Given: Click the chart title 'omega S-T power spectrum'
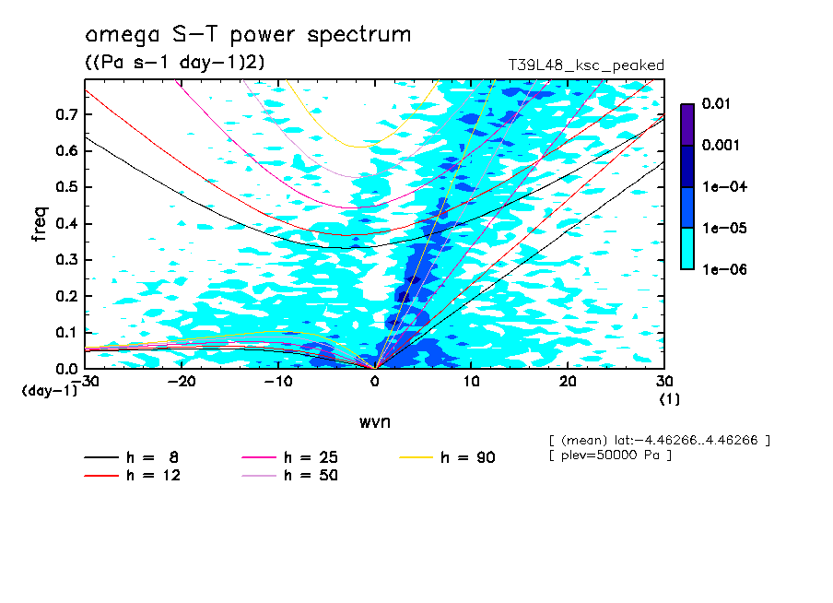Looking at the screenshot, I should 247,35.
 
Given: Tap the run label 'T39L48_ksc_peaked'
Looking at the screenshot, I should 586,65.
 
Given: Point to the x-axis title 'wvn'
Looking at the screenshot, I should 374,422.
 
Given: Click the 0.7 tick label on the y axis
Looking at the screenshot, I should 65,114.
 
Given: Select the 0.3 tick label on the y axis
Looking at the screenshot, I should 65,260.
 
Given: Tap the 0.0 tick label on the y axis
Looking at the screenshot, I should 65,369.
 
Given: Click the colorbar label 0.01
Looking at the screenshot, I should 715,104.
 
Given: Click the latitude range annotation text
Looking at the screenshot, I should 659,440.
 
